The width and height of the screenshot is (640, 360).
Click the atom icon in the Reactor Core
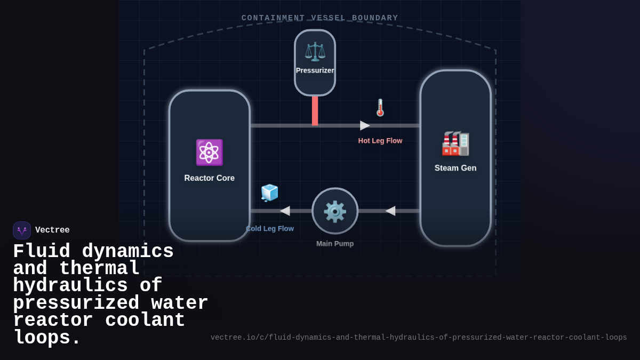[209, 153]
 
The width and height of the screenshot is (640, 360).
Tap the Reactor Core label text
[209, 178]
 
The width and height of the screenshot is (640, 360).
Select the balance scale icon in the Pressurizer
[315, 52]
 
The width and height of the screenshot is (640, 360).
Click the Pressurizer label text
[315, 70]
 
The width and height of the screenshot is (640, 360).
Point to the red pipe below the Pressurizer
[315, 110]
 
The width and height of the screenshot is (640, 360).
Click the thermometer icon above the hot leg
[380, 107]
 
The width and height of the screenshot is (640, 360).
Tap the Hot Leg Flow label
[380, 141]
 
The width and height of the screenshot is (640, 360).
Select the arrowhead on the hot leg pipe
[365, 125]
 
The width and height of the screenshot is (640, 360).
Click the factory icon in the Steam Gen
[455, 143]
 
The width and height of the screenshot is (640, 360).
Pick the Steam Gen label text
[455, 168]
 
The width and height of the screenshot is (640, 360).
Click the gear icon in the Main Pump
[335, 211]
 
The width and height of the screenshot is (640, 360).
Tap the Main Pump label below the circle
[335, 244]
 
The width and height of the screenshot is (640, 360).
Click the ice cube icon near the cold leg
[269, 193]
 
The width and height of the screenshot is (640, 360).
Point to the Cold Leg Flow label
[270, 228]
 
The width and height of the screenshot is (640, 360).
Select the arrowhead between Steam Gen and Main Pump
[390, 211]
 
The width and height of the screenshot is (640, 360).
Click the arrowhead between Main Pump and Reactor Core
[285, 211]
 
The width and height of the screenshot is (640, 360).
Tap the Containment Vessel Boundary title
[319, 18]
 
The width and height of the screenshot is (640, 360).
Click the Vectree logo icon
[22, 230]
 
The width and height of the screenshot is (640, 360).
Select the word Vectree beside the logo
[52, 230]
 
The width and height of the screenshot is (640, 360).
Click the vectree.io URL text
[418, 338]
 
